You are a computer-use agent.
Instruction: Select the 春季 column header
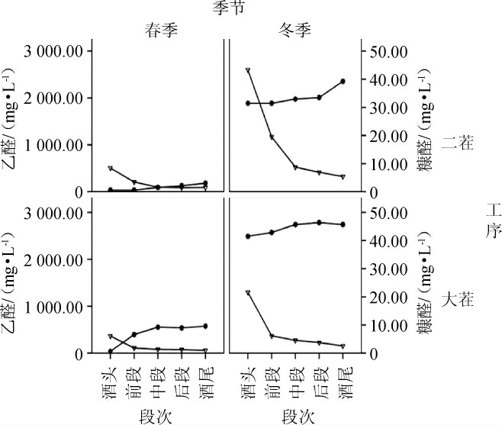(163, 31)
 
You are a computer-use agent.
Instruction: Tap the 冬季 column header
(293, 31)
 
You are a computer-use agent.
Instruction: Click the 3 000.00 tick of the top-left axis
(54, 51)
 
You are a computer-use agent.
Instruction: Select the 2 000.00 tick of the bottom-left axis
(54, 260)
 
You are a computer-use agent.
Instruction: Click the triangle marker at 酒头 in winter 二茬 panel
(248, 70)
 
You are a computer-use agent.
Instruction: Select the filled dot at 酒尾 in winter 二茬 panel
(343, 81)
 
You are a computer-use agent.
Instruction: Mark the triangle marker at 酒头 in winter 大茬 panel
(248, 293)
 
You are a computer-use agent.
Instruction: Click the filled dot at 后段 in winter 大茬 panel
(319, 222)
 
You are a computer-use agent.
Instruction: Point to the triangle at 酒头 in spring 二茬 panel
(111, 168)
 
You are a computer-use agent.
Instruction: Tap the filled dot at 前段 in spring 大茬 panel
(134, 334)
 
